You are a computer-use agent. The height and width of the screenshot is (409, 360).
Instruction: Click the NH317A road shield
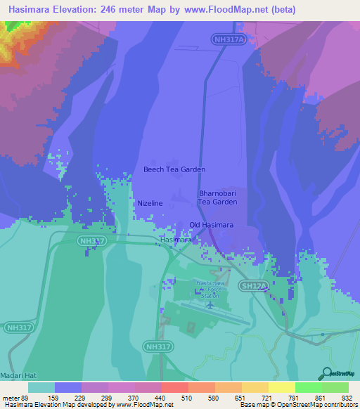[226, 41]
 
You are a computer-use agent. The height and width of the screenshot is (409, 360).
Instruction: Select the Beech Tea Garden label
[174, 169]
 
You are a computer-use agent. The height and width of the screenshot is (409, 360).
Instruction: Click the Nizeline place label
[150, 203]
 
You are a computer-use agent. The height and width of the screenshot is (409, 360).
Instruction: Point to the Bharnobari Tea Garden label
[218, 197]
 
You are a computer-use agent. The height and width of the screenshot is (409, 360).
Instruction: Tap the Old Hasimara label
[212, 225]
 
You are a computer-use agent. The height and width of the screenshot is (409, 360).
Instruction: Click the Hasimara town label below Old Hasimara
[176, 240]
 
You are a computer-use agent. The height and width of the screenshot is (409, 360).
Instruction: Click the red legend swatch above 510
[174, 387]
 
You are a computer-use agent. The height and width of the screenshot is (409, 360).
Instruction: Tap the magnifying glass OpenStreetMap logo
[326, 373]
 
